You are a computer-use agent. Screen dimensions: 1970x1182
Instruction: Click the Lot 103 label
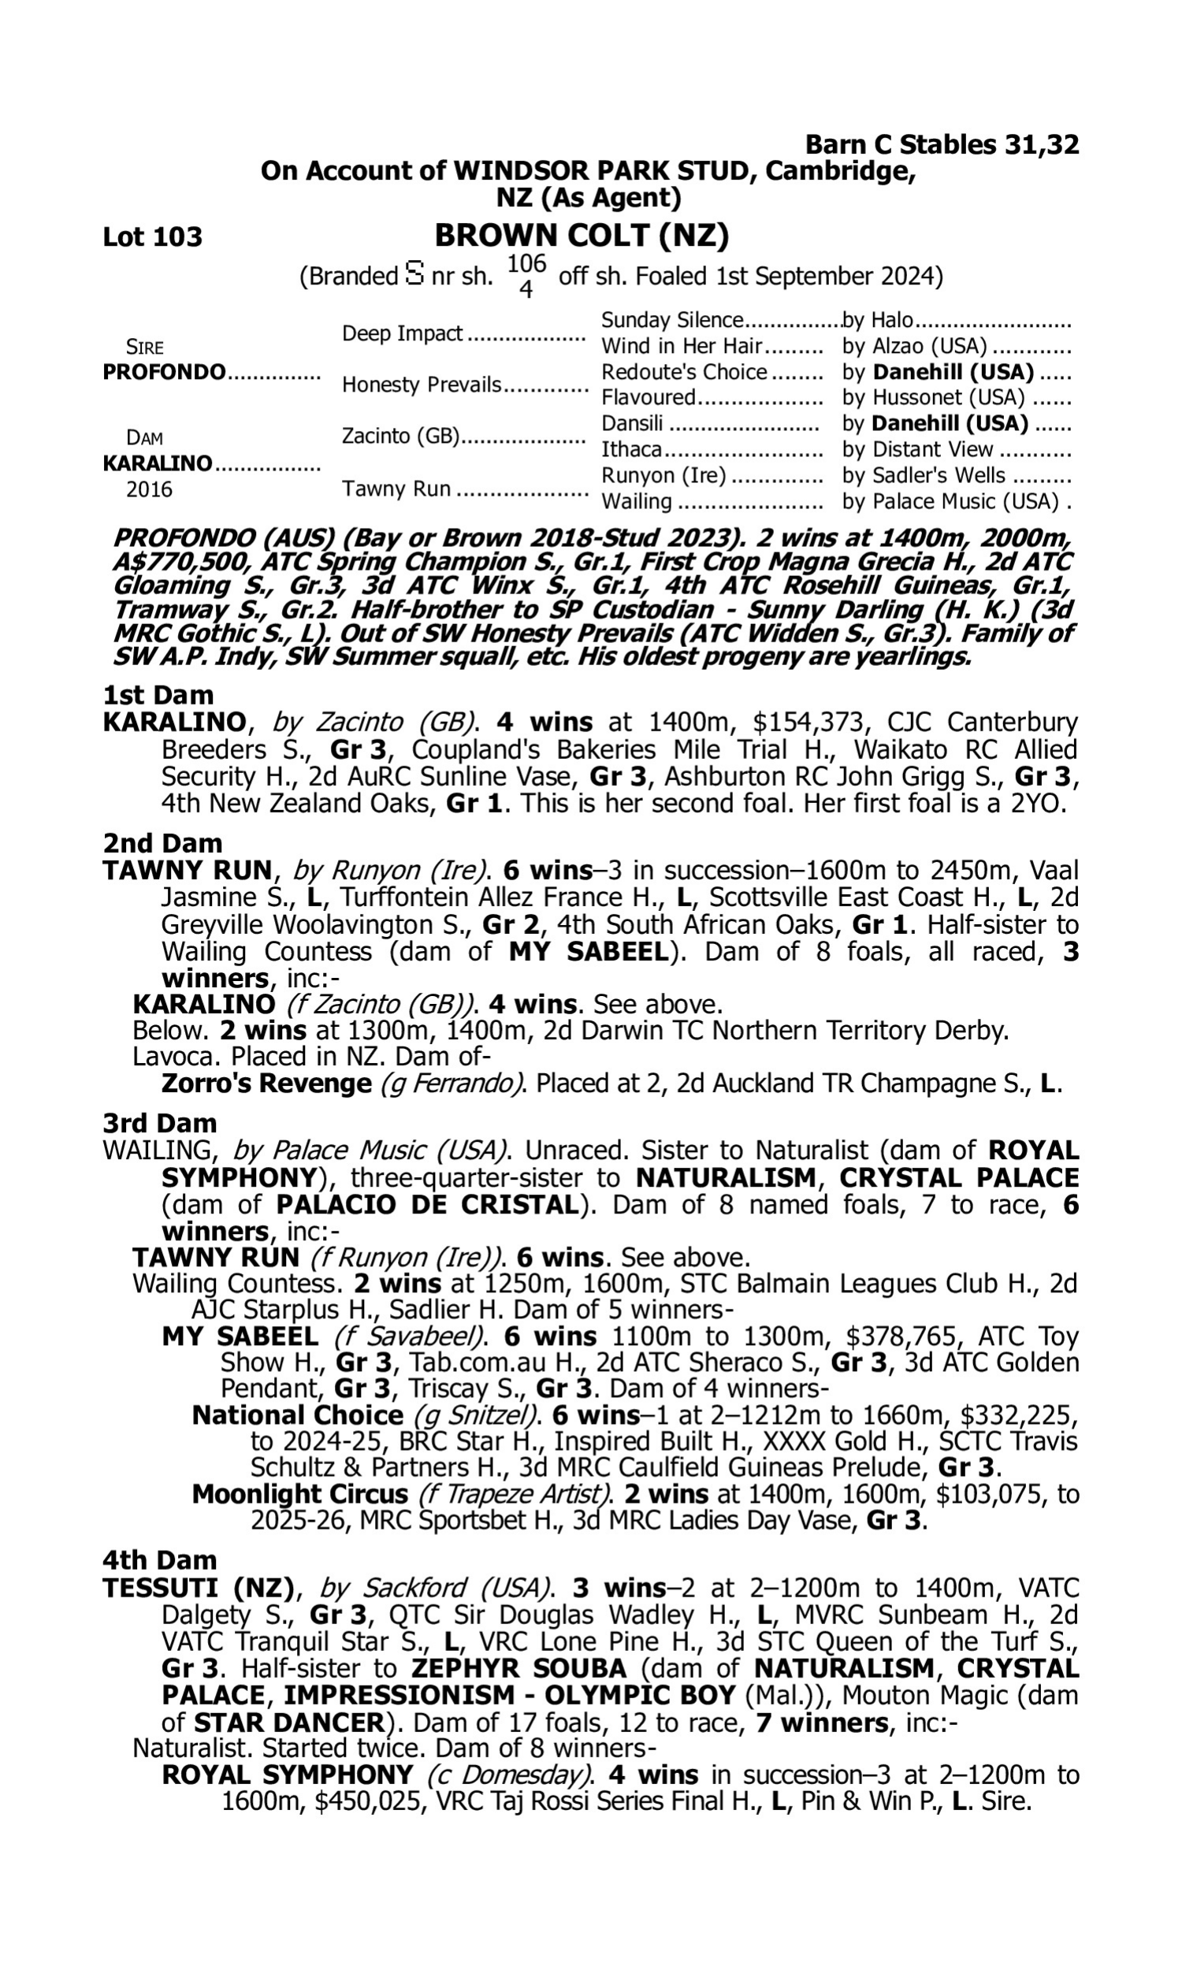(152, 237)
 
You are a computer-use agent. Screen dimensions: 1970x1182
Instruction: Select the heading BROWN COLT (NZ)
(582, 236)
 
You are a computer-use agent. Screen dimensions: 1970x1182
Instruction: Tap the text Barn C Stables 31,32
(942, 144)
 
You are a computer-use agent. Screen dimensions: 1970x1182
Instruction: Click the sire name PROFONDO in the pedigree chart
(164, 373)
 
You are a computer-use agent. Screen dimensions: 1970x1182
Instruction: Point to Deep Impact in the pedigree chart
(402, 333)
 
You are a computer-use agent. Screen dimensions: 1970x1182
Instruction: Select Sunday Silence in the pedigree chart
(671, 320)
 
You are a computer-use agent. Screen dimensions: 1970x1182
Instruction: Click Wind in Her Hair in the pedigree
(682, 347)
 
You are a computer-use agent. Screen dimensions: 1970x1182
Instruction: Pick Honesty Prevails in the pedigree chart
(422, 385)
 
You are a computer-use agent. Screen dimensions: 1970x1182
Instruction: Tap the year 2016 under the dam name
(149, 489)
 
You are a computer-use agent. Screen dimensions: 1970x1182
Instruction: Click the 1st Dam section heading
(158, 695)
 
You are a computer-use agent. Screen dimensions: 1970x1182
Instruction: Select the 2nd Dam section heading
(162, 842)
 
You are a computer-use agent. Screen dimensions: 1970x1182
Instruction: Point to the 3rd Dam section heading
(159, 1123)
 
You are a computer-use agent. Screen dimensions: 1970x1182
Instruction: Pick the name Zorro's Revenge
(266, 1083)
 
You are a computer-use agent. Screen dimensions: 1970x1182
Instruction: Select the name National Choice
(297, 1415)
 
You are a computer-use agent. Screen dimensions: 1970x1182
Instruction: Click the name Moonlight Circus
(299, 1494)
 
